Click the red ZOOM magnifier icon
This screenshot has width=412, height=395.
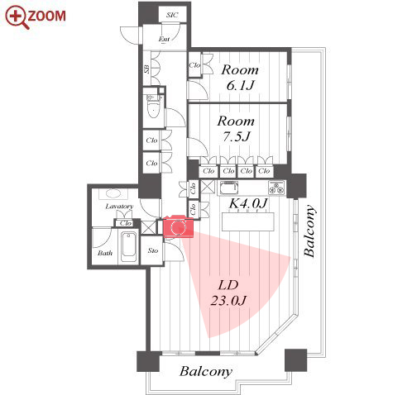(17, 17)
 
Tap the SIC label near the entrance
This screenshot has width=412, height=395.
(172, 15)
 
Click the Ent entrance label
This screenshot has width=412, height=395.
(164, 39)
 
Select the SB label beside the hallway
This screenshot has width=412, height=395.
(147, 69)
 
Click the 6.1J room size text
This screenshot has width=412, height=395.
(240, 86)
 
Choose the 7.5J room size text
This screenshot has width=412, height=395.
(237, 136)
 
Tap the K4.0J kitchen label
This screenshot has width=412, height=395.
(248, 203)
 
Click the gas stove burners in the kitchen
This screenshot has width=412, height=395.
(276, 188)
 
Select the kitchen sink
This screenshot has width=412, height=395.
(228, 188)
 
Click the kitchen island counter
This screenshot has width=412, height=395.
(248, 221)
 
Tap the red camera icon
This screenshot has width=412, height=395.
(179, 226)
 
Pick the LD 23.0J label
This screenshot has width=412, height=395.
(228, 293)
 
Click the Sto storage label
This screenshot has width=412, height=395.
(153, 250)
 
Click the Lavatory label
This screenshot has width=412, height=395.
(119, 207)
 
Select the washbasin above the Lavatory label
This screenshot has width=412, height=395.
(113, 193)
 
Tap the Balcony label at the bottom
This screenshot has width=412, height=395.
(206, 371)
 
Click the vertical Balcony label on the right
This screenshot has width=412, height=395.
(309, 231)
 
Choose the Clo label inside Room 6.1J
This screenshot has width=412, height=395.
(194, 65)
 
